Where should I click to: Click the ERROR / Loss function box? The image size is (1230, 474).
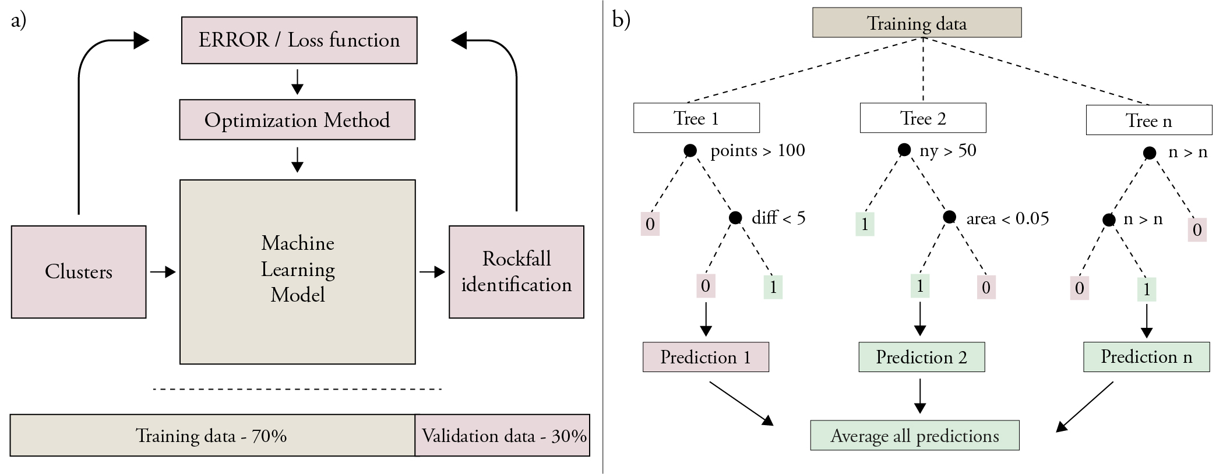pos(299,40)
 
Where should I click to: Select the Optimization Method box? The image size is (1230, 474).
pos(297,120)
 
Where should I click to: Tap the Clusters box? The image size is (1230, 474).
pos(79,272)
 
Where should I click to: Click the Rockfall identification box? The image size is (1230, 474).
pos(516,272)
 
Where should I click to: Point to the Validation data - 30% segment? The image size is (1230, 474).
pos(503,436)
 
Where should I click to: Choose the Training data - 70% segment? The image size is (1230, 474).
pos(212,436)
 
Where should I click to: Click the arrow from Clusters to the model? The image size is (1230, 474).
pos(163,272)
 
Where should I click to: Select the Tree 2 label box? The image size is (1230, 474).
pos(923,118)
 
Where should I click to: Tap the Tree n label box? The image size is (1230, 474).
pos(1148,121)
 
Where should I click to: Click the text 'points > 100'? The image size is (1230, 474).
pos(757,151)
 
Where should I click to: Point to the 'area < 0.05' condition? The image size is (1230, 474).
pos(1007,218)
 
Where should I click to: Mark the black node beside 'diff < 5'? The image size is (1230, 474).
pos(735,218)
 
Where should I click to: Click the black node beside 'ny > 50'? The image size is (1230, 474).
pos(904,150)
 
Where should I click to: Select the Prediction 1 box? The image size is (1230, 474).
pos(706,357)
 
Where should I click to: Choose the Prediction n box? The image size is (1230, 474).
pos(1146,357)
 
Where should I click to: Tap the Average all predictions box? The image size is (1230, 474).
pos(915,436)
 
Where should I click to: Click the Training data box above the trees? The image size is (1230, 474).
pos(917,23)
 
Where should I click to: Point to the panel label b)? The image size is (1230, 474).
pos(621,20)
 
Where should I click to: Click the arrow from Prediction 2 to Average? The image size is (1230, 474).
pos(920,397)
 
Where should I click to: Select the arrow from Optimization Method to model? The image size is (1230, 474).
pos(297,160)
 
